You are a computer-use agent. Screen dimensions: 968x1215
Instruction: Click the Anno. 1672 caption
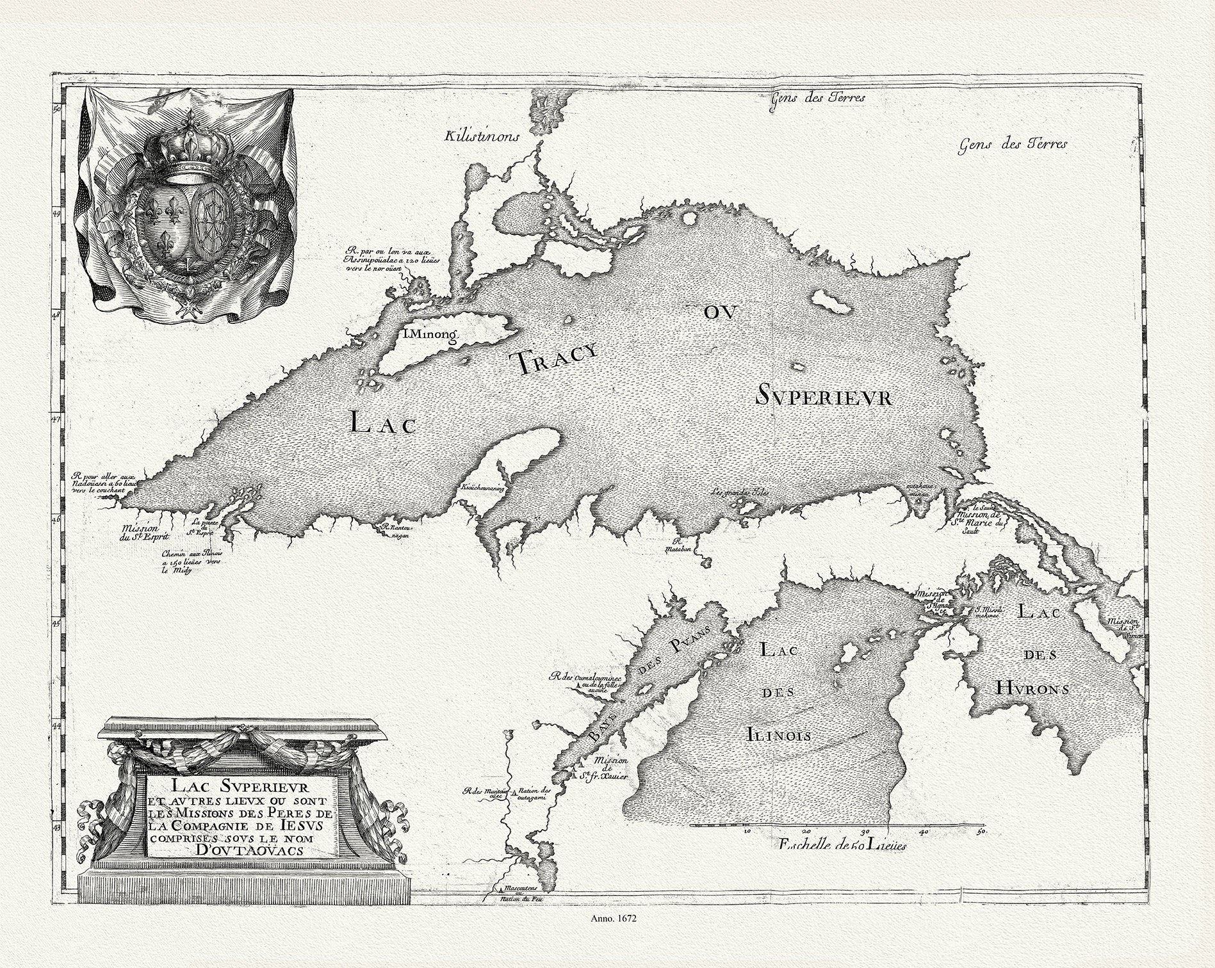click(607, 936)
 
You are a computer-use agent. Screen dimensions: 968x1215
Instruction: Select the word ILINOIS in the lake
click(779, 734)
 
